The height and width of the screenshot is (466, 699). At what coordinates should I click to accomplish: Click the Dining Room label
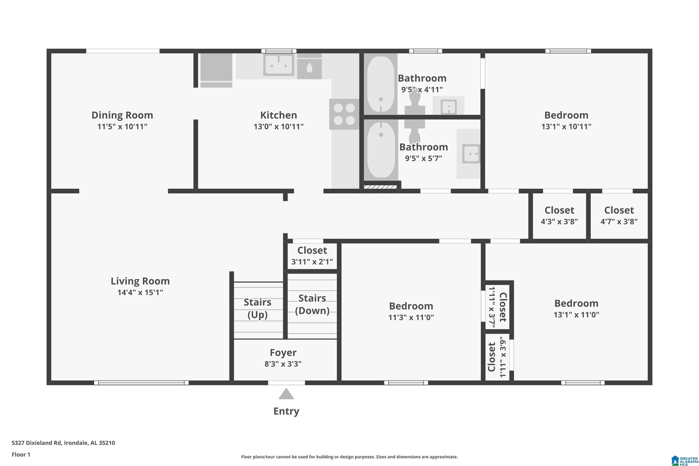click(122, 115)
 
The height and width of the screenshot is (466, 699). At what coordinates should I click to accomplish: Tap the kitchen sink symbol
click(279, 65)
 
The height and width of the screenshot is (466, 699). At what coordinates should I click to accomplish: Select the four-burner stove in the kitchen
click(344, 114)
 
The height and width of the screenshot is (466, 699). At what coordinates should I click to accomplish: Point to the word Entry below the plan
click(286, 411)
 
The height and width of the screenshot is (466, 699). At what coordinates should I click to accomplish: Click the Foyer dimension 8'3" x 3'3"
click(283, 364)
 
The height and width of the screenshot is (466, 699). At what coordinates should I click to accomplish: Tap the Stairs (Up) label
click(258, 309)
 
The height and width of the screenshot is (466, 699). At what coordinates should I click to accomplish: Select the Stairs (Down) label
click(312, 304)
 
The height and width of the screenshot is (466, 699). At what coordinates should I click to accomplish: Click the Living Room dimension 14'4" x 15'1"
click(140, 293)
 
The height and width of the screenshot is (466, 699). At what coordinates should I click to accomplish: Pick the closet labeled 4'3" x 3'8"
click(559, 216)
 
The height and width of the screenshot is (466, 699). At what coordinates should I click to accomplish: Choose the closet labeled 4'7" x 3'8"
click(619, 216)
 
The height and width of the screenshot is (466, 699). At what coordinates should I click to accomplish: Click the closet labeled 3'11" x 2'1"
click(312, 256)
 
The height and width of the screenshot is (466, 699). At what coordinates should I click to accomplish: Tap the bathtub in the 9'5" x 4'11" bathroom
click(381, 84)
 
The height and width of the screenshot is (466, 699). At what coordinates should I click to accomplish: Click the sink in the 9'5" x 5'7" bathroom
click(471, 154)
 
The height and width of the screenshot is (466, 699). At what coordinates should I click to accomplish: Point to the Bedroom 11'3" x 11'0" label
click(411, 306)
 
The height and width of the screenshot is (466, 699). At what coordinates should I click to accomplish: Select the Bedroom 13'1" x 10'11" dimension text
click(566, 127)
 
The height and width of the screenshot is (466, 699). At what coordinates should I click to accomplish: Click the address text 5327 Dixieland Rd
click(37, 443)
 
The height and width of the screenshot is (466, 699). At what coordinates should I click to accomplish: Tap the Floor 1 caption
click(21, 454)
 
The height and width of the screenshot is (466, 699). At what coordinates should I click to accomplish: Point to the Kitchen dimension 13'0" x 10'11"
click(278, 127)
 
